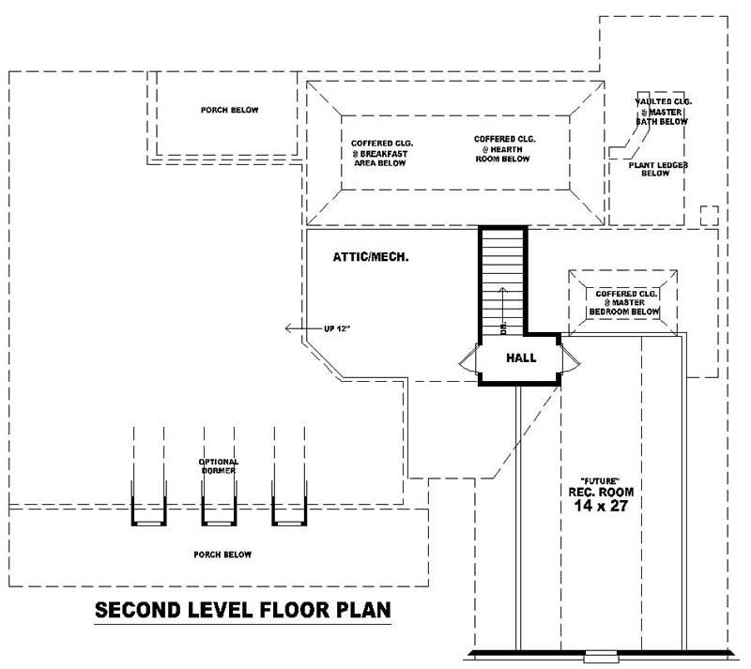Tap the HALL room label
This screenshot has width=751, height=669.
tap(521, 357)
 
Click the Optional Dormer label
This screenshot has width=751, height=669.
tap(218, 466)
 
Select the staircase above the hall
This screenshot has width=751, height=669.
tap(503, 281)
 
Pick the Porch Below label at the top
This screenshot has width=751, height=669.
tap(229, 110)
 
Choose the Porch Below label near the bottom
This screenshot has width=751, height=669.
tap(222, 555)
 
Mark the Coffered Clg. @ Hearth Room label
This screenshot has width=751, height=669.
tap(504, 148)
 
